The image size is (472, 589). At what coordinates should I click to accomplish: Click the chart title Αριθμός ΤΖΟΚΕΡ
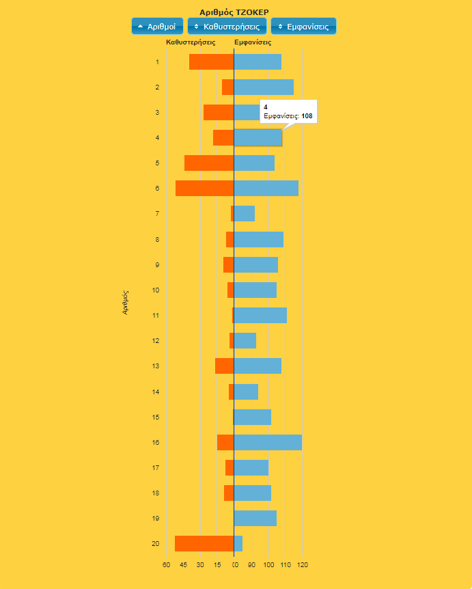(234, 12)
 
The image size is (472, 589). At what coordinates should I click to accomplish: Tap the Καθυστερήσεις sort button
(227, 27)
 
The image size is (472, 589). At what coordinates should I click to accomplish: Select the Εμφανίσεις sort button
(303, 27)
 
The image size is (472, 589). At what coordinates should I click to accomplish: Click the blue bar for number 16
(268, 443)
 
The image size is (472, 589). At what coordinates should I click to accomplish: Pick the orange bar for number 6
(204, 189)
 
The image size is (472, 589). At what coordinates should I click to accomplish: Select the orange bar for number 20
(204, 543)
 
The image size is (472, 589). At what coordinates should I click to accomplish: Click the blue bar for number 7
(245, 214)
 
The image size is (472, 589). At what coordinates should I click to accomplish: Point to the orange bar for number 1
(211, 61)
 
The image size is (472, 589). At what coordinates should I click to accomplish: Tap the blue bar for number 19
(255, 518)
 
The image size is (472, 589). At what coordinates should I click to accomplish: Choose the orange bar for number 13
(224, 366)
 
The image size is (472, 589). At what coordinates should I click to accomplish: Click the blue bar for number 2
(264, 87)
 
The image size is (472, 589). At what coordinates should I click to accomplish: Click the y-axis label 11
(156, 316)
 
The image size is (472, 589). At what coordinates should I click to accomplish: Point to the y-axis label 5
(157, 163)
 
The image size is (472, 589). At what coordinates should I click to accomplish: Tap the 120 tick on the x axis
(302, 565)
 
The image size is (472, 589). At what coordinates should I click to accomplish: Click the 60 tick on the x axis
(166, 565)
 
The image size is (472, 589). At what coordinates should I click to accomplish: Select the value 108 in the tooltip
(307, 116)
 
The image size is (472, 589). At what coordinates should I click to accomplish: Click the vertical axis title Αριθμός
(126, 302)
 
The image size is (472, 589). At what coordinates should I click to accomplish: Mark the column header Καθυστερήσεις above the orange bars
(191, 42)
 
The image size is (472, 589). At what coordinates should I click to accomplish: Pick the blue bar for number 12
(245, 340)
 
